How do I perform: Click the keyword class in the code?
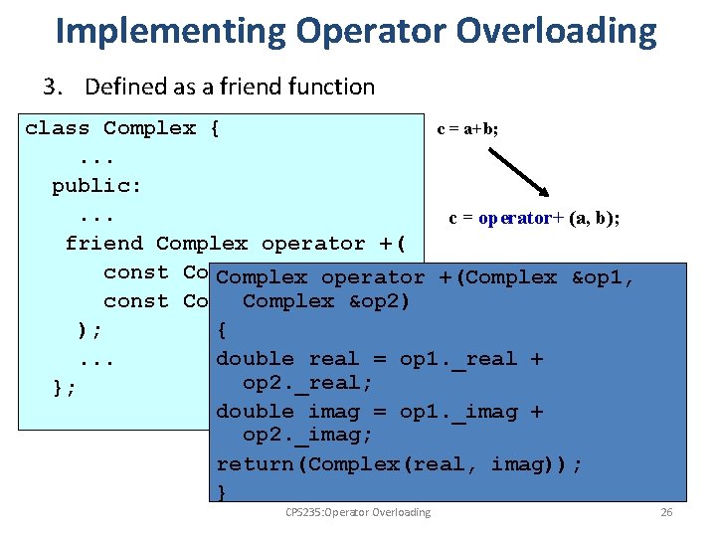coord(58,128)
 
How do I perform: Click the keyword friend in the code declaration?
coord(103,244)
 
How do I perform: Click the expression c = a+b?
coord(467,129)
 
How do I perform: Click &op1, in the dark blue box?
coord(603,278)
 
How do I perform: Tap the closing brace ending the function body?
coord(222,492)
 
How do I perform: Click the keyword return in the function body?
coord(256,464)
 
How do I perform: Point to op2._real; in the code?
coord(307,383)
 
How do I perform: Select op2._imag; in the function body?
coord(307,437)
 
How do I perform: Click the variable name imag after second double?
coord(334,412)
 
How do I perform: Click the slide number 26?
coord(666,513)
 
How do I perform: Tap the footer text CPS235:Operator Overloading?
coord(358,513)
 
